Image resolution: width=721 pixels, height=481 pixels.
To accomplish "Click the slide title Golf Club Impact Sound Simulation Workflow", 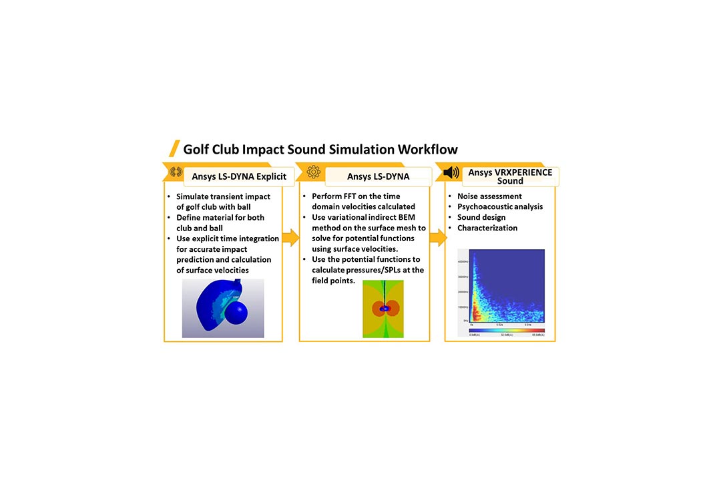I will pyautogui.click(x=320, y=148).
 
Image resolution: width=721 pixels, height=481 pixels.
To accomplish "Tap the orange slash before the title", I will pyautogui.click(x=174, y=148).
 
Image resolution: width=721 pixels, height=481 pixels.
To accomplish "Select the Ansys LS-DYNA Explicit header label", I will pyautogui.click(x=238, y=176).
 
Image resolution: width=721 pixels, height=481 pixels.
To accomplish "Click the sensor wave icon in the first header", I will pyautogui.click(x=176, y=172).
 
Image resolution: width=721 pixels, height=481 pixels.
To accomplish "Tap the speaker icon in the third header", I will pyautogui.click(x=451, y=173).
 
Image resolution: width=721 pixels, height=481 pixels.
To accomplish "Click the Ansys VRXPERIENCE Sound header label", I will pyautogui.click(x=510, y=176).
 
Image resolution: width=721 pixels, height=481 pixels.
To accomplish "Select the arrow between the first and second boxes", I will pyautogui.click(x=290, y=236).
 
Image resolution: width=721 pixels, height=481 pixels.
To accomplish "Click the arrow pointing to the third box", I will pyautogui.click(x=437, y=236).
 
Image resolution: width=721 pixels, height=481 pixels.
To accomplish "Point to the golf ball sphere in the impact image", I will pyautogui.click(x=238, y=315).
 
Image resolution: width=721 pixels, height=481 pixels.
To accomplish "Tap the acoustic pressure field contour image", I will pyautogui.click(x=383, y=309).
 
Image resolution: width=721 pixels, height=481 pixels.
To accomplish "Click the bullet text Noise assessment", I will pyautogui.click(x=489, y=196).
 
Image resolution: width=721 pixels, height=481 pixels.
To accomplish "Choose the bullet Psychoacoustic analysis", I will pyautogui.click(x=500, y=207).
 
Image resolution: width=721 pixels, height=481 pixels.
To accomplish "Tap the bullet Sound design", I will pyautogui.click(x=481, y=217).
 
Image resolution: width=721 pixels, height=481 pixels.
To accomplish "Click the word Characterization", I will pyautogui.click(x=487, y=228).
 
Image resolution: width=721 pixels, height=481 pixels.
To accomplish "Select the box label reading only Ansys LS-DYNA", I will pyautogui.click(x=378, y=176).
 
